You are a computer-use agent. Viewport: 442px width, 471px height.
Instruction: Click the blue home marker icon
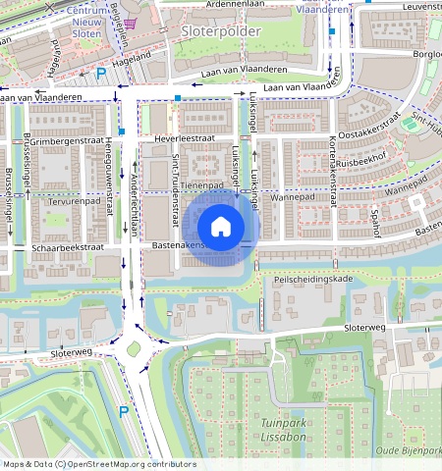pyautogui.click(x=221, y=227)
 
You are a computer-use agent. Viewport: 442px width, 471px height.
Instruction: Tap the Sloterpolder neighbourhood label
pyautogui.click(x=221, y=31)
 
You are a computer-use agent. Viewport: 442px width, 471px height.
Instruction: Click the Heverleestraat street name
pyautogui.click(x=185, y=139)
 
